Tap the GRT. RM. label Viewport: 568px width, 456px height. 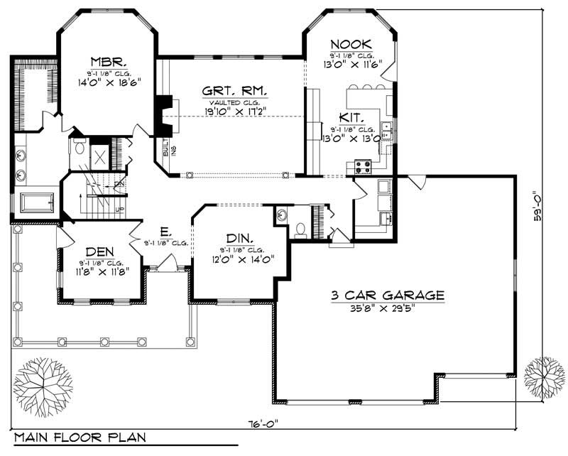pos(234,91)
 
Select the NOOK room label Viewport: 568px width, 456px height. pos(351,44)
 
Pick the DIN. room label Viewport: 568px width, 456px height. pos(241,238)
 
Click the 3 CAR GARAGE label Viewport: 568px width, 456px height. pos(387,295)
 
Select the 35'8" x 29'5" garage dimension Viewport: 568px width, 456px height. pos(387,308)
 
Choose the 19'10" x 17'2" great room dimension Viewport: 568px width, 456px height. pos(234,112)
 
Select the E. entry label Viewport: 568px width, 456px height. pos(164,232)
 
